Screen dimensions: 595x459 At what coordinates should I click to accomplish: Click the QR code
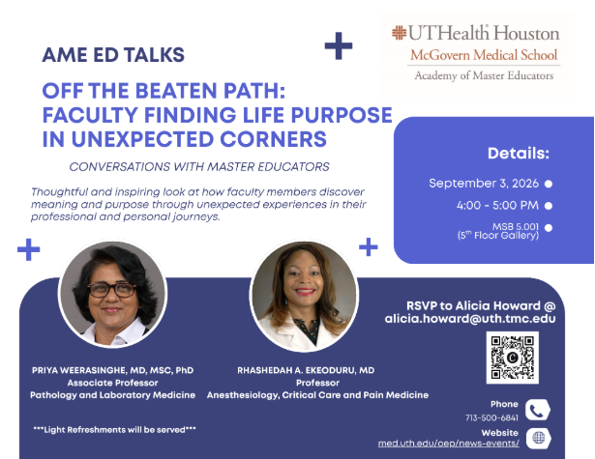[x=512, y=358]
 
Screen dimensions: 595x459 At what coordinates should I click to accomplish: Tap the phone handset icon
[x=538, y=410]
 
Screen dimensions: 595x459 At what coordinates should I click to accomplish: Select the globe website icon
[x=539, y=439]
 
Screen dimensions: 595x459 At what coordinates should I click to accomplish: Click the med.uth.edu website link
[x=449, y=444]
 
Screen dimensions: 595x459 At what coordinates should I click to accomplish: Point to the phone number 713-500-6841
[x=491, y=417]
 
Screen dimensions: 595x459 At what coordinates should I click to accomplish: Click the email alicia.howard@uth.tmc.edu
[x=470, y=318]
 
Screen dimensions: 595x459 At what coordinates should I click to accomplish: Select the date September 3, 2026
[x=484, y=184]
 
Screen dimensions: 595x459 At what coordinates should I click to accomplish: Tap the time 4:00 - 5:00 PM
[x=497, y=206]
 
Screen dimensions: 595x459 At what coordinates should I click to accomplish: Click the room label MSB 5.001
[x=516, y=227]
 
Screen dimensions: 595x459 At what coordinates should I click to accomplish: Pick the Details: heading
[x=519, y=154]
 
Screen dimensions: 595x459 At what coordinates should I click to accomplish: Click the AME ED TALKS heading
[x=113, y=55]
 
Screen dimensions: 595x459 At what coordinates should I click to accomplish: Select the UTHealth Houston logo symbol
[x=399, y=33]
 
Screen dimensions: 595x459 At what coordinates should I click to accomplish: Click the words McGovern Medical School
[x=484, y=55]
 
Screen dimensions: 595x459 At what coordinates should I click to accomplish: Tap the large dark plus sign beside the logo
[x=339, y=45]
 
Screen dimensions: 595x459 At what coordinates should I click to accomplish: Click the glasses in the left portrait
[x=112, y=290]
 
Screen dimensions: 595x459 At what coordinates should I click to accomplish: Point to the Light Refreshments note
[x=114, y=430]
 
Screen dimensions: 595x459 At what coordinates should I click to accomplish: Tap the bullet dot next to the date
[x=549, y=184]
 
